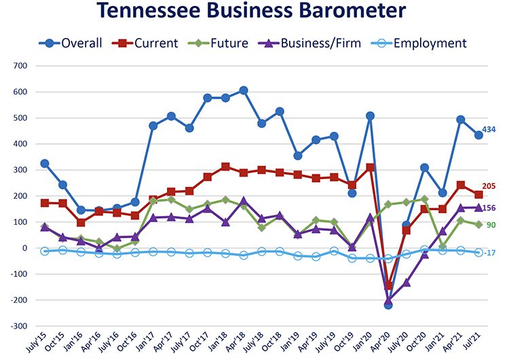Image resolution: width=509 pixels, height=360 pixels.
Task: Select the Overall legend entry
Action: coord(82,43)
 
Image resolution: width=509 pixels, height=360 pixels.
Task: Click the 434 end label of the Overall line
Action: coord(489,129)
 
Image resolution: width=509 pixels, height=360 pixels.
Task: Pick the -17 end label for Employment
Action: coord(490,253)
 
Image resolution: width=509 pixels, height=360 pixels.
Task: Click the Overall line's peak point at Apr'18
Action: coord(244,90)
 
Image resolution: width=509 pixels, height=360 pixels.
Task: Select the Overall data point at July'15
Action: coord(45,164)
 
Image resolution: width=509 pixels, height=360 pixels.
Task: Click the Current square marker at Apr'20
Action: coord(389,286)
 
